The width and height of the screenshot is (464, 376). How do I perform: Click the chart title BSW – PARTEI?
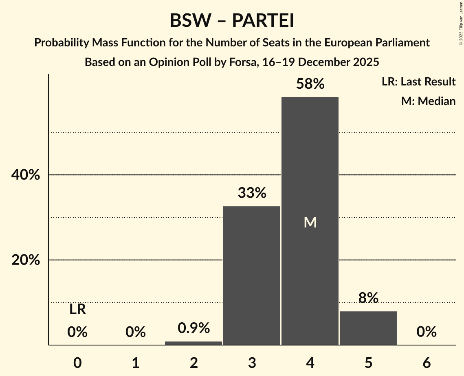pyautogui.click(x=232, y=21)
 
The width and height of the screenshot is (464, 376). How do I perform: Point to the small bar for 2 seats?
pyautogui.click(x=194, y=343)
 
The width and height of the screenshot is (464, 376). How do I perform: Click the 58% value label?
pyautogui.click(x=310, y=84)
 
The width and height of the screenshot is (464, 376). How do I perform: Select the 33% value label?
pyautogui.click(x=252, y=193)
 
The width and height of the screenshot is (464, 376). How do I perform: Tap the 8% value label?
pyautogui.click(x=368, y=298)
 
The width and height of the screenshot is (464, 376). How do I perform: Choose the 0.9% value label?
pyautogui.click(x=194, y=328)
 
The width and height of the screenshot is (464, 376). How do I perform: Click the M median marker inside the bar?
pyautogui.click(x=310, y=222)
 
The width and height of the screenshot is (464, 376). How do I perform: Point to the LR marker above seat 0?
pyautogui.click(x=77, y=310)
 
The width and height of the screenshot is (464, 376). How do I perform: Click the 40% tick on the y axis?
pyautogui.click(x=25, y=175)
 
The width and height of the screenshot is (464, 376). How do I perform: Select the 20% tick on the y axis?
pyautogui.click(x=25, y=260)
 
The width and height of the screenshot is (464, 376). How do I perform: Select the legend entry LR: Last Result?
pyautogui.click(x=418, y=82)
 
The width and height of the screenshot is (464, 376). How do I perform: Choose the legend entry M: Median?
pyautogui.click(x=428, y=101)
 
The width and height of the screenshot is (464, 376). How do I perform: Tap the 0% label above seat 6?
pyautogui.click(x=427, y=332)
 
